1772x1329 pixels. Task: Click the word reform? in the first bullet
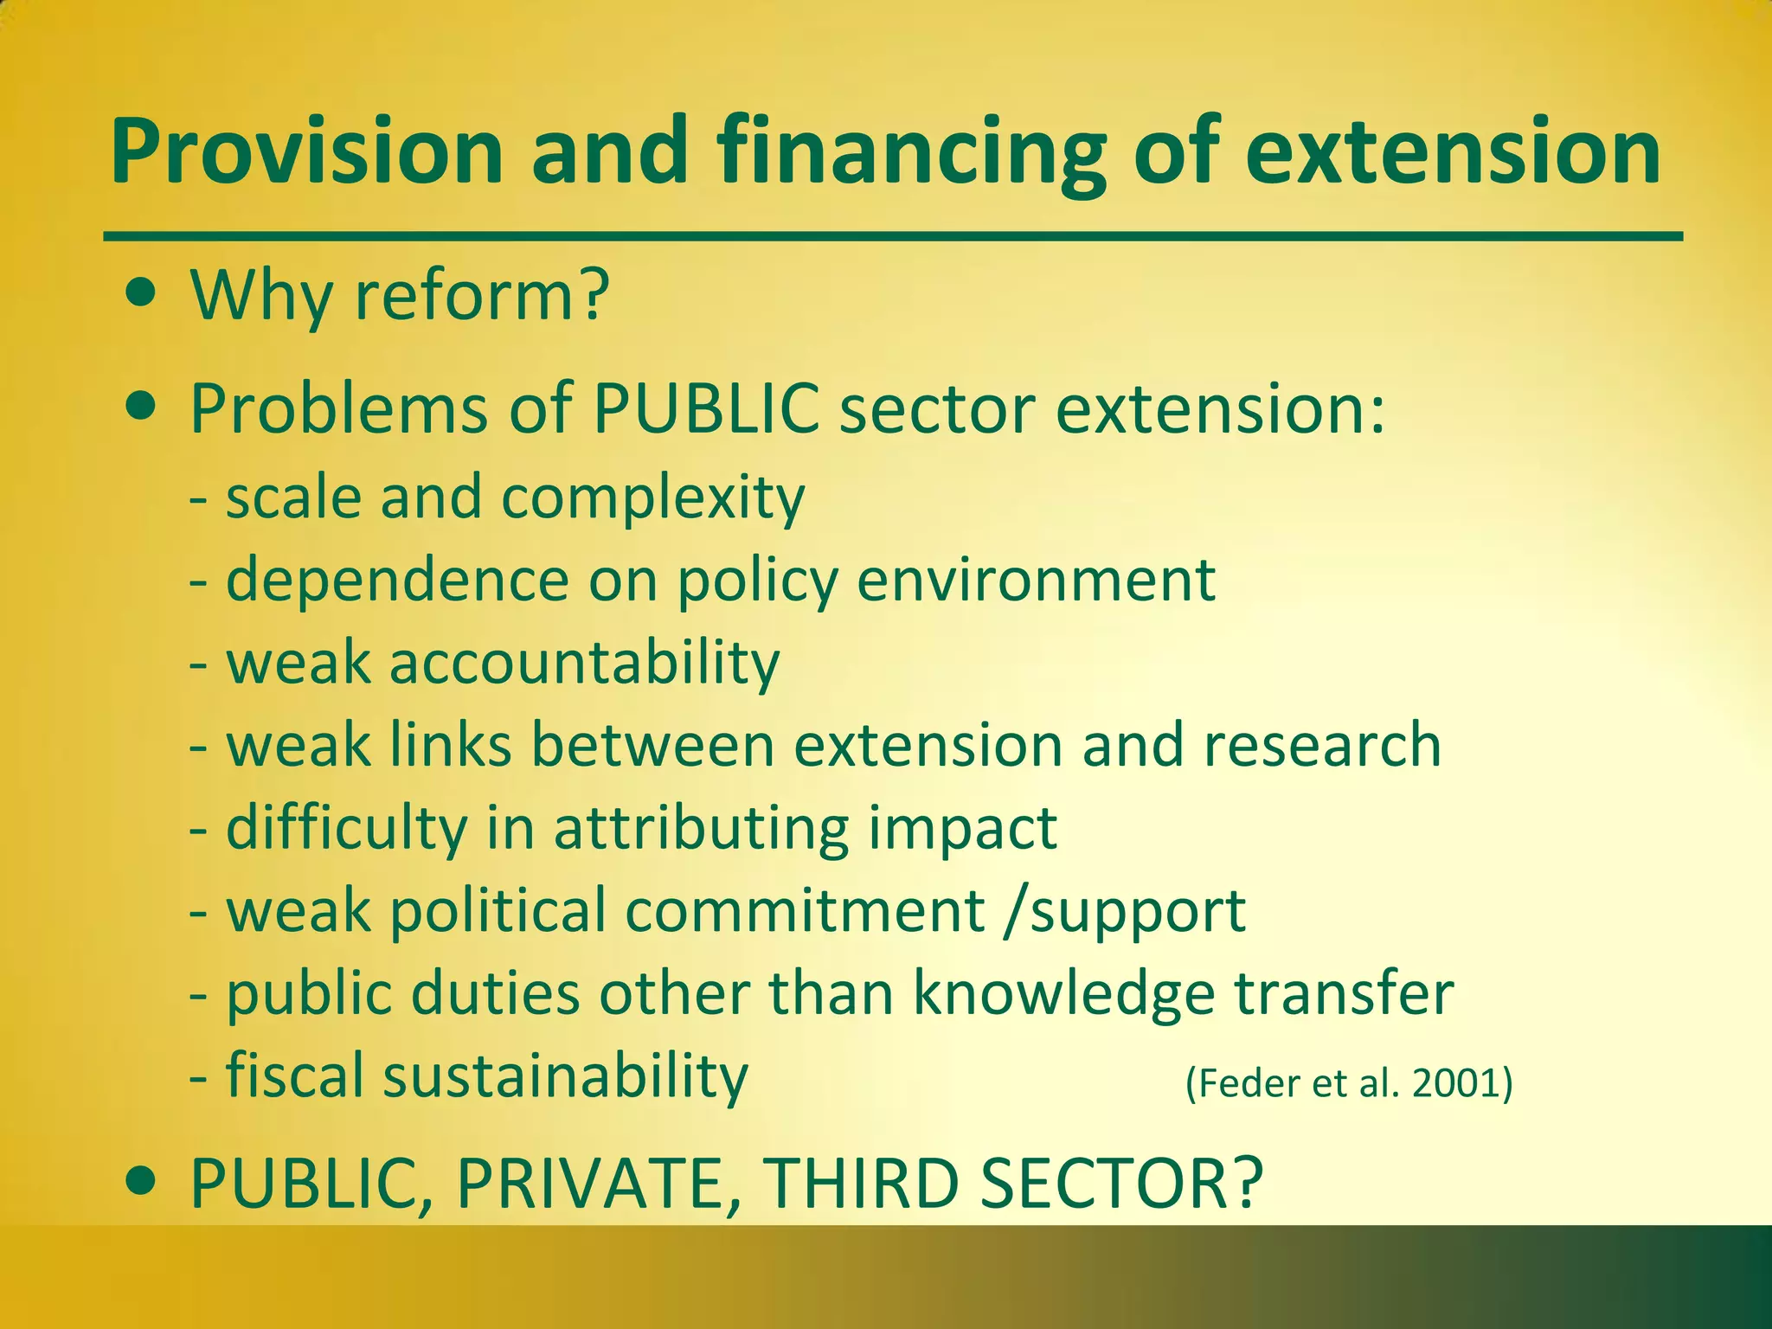coord(483,296)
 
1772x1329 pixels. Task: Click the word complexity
coord(653,499)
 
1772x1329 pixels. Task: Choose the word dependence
coord(397,580)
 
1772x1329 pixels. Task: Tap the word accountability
coord(585,664)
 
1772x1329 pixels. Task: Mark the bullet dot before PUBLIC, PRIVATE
coord(141,1179)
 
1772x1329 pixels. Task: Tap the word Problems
coord(339,409)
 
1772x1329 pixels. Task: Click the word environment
coord(1036,580)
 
